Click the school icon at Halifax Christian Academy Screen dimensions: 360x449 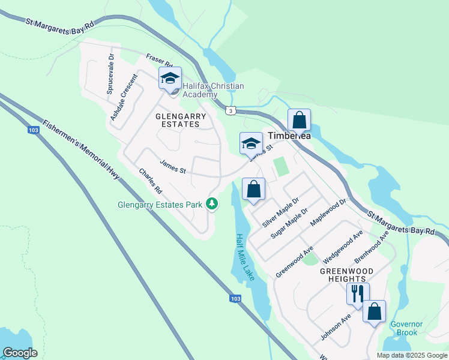[169, 78]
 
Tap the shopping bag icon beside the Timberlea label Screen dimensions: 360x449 [299, 120]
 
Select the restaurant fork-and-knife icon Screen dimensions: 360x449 [358, 294]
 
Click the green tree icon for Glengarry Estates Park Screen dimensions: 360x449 [211, 204]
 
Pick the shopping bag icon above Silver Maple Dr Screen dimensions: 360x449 [254, 189]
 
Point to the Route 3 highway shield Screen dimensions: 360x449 [231, 110]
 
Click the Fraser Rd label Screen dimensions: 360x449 [159, 61]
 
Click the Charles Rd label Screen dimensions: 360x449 [151, 181]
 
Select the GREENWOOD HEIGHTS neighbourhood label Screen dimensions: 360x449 [346, 275]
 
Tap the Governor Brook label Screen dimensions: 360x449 [407, 328]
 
